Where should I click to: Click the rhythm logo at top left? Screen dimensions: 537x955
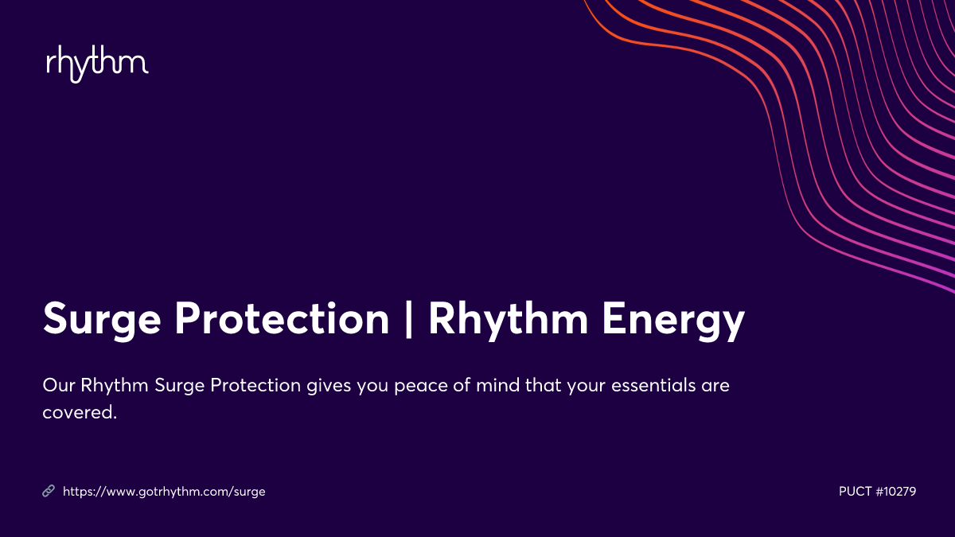click(x=97, y=64)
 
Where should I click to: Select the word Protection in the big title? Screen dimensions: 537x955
click(x=280, y=320)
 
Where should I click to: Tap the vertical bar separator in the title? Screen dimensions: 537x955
click(x=409, y=320)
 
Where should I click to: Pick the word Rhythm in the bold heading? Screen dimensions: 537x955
click(x=509, y=320)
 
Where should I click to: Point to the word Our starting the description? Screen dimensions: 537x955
click(x=57, y=386)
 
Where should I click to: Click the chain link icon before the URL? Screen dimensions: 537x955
click(x=48, y=492)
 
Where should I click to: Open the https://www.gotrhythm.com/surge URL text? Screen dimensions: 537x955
click(x=164, y=492)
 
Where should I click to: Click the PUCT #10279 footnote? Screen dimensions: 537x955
click(x=877, y=492)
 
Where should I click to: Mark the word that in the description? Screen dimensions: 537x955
click(x=544, y=386)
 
